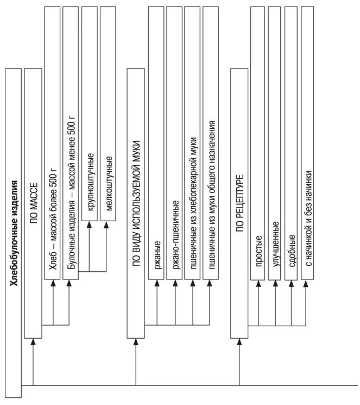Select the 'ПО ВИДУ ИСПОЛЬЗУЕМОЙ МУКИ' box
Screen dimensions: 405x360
click(x=136, y=204)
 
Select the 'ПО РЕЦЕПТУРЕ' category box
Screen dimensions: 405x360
click(x=239, y=204)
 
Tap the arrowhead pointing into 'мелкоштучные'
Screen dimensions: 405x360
click(x=108, y=225)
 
